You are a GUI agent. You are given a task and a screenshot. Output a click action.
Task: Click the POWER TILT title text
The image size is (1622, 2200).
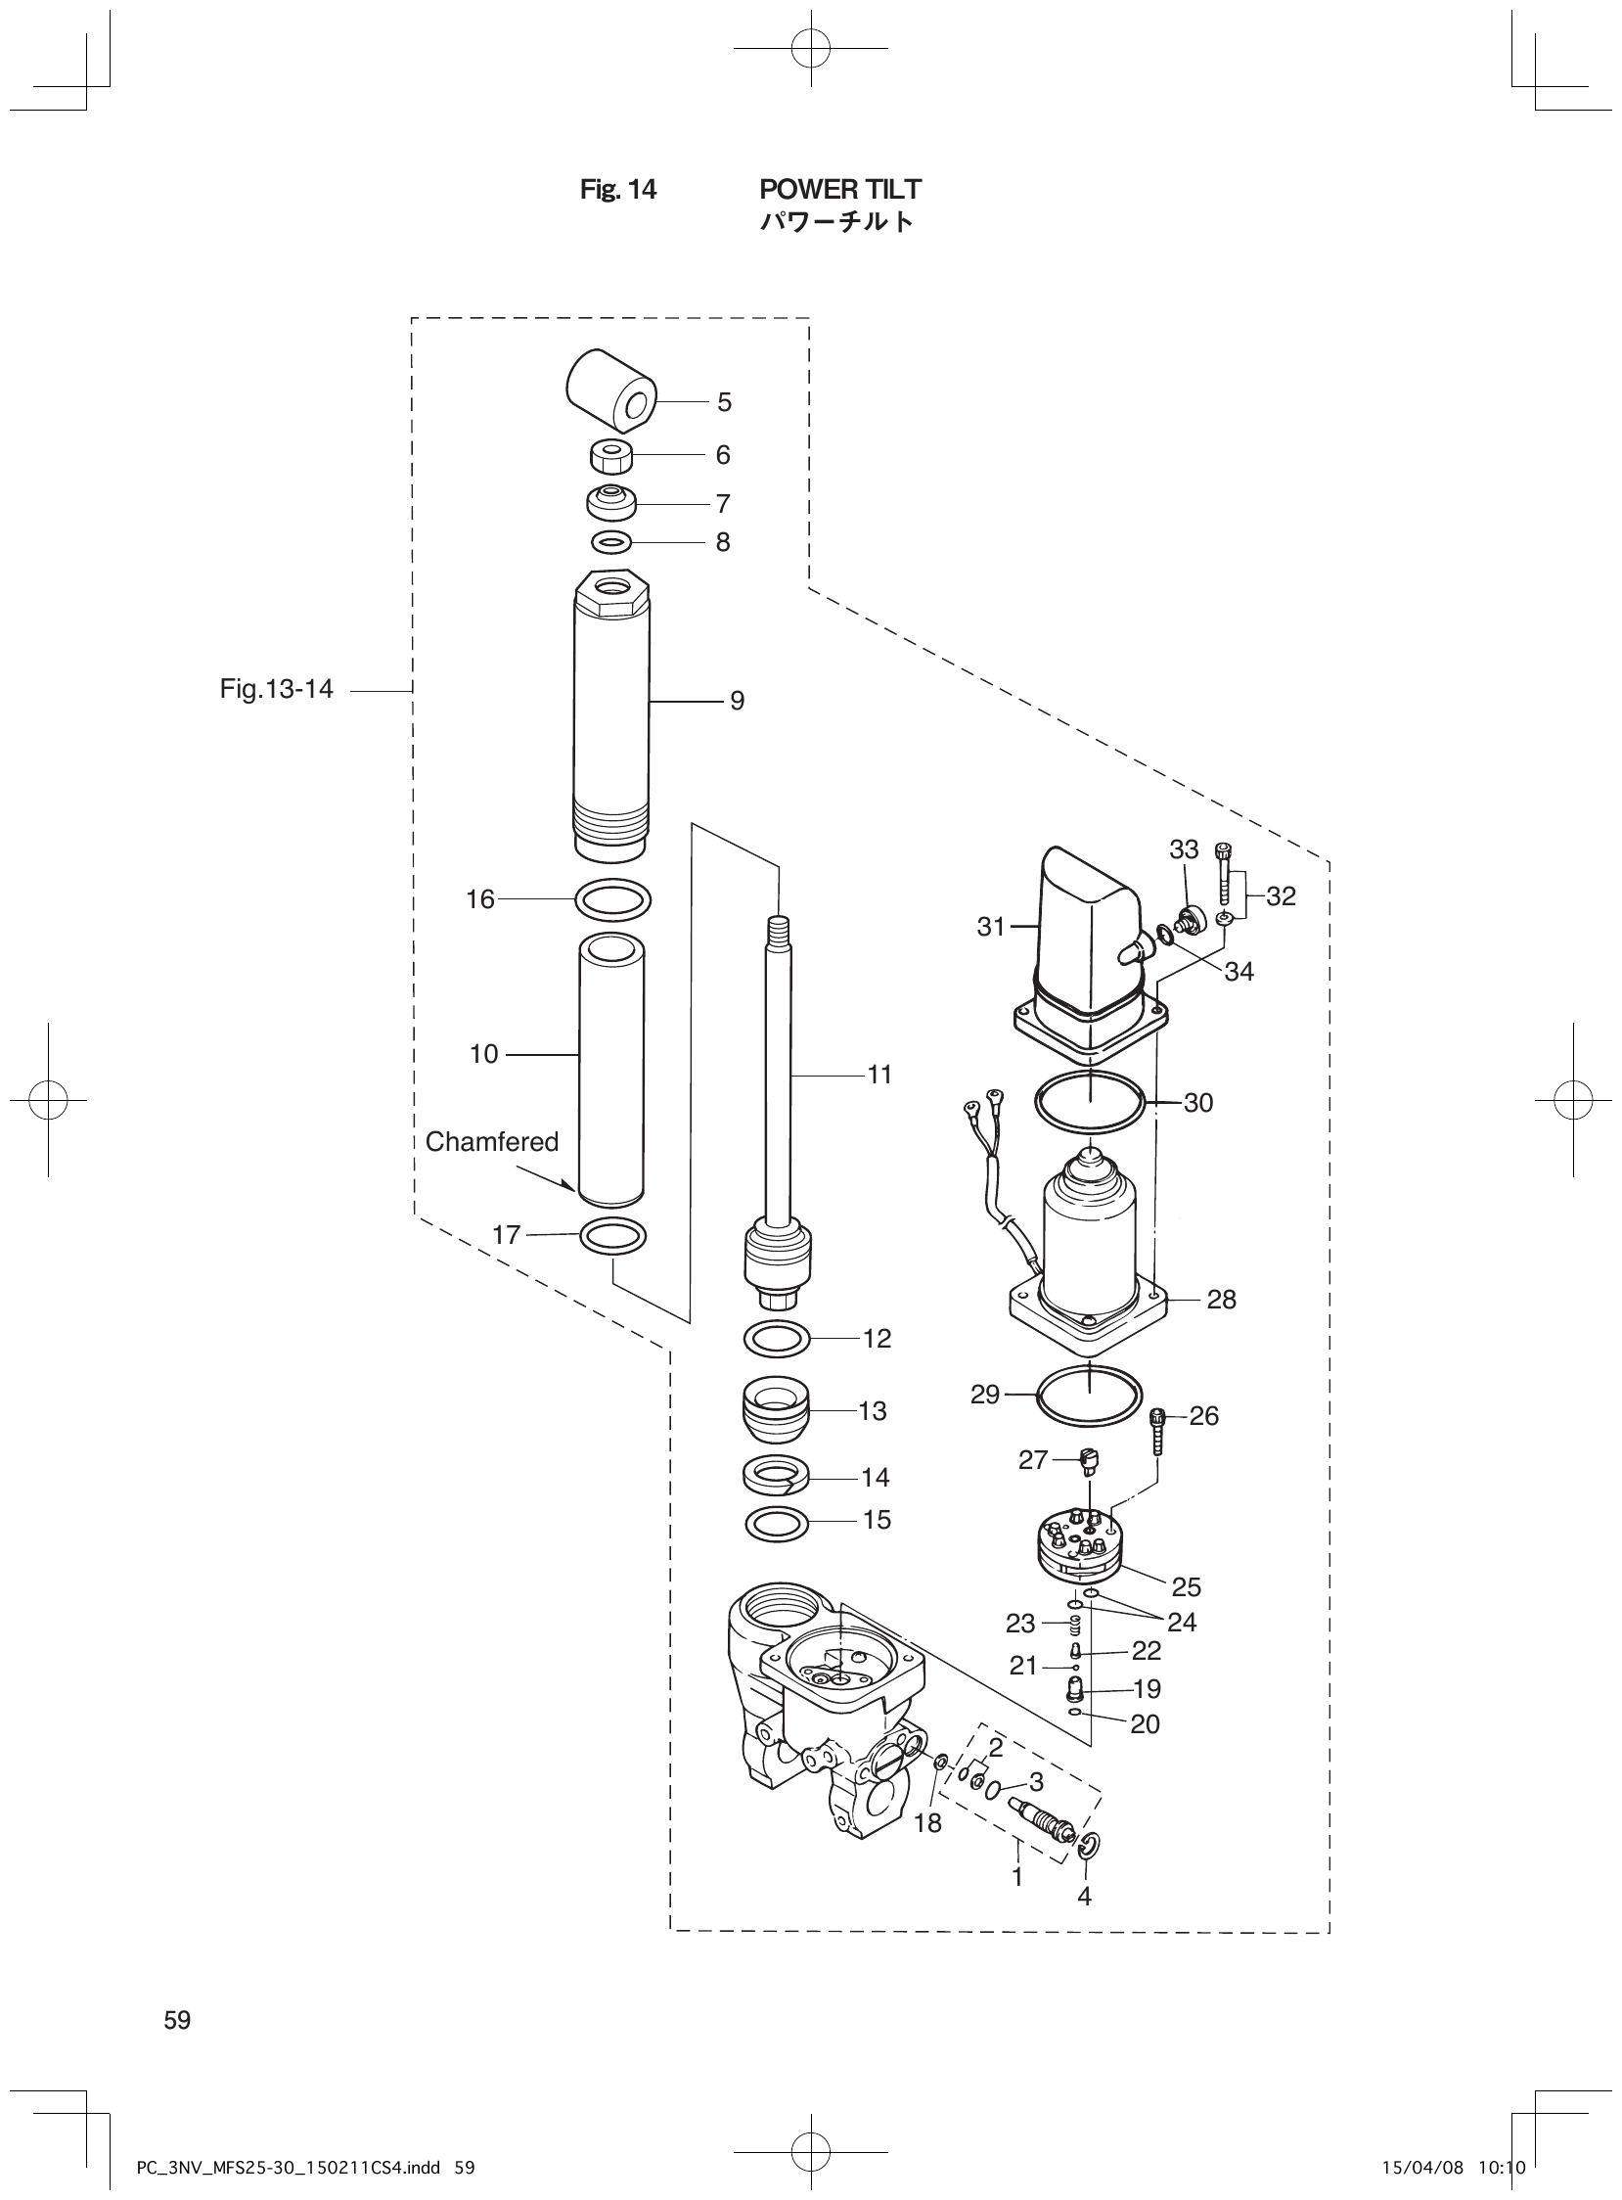pyautogui.click(x=840, y=189)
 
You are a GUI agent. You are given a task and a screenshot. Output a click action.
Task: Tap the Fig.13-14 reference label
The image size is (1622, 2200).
pyautogui.click(x=276, y=690)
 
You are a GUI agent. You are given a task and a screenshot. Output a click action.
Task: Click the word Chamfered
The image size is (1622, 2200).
pyautogui.click(x=491, y=1141)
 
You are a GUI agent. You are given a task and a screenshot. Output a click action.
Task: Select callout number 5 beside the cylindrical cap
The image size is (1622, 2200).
pyautogui.click(x=724, y=401)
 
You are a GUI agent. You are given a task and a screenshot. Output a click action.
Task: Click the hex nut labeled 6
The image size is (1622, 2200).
pyautogui.click(x=609, y=456)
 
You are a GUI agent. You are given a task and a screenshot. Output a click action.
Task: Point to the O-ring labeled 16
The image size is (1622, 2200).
pyautogui.click(x=612, y=899)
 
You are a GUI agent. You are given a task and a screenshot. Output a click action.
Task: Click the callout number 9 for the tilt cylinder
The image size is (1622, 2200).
pyautogui.click(x=737, y=702)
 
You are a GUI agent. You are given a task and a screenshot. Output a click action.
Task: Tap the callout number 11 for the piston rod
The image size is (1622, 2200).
pyautogui.click(x=879, y=1076)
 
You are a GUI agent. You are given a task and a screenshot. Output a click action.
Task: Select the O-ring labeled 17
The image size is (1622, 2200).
pyautogui.click(x=613, y=1236)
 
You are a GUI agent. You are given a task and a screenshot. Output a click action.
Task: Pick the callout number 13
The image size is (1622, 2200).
pyautogui.click(x=872, y=1411)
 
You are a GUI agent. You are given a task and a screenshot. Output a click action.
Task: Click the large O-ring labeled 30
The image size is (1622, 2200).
pyautogui.click(x=1090, y=1103)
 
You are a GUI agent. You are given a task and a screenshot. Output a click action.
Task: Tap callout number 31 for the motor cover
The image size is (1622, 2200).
pyautogui.click(x=991, y=925)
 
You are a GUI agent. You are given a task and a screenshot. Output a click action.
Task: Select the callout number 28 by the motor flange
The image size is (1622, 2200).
pyautogui.click(x=1222, y=1300)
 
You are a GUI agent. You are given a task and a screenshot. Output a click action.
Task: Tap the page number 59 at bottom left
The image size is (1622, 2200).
pyautogui.click(x=178, y=2020)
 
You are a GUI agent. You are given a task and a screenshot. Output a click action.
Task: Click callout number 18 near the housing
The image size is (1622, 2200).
pyautogui.click(x=926, y=1823)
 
